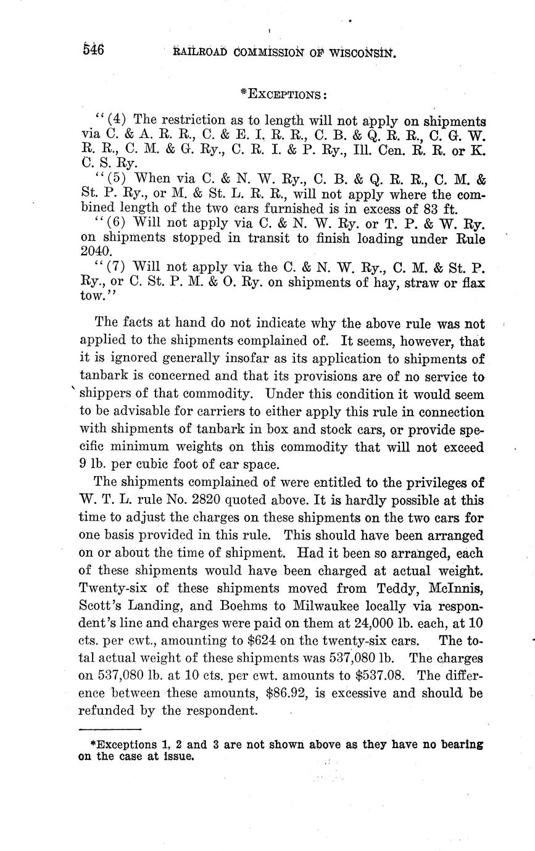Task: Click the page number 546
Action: click(93, 50)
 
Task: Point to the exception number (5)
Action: click(117, 179)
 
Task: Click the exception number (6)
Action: click(117, 222)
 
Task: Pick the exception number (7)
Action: click(117, 267)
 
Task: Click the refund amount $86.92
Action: click(286, 693)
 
